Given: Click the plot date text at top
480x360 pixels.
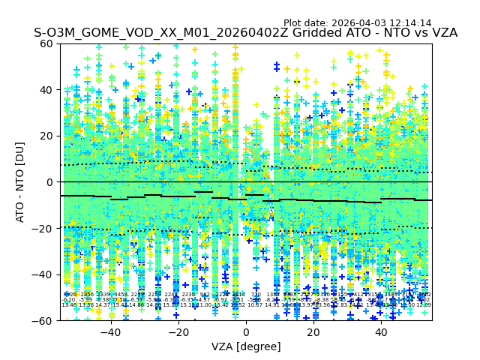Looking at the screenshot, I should click(x=357, y=23).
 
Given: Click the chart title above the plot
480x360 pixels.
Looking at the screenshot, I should click(x=245, y=34).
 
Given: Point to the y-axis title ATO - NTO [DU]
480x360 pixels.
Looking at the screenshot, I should click(x=21, y=181).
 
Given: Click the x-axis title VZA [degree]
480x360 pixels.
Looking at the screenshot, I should click(x=246, y=346).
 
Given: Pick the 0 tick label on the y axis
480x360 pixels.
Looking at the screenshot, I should click(x=50, y=182).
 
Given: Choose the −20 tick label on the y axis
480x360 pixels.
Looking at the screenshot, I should click(x=44, y=228).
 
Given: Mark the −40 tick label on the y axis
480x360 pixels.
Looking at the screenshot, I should click(x=44, y=274).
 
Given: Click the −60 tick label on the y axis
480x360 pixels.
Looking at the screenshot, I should click(x=44, y=320).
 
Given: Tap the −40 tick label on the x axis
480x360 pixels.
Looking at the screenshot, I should click(x=109, y=332).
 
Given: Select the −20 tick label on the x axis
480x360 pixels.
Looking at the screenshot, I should click(x=178, y=332).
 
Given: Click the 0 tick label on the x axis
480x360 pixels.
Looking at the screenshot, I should click(x=246, y=332).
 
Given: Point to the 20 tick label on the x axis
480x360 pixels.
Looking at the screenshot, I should click(x=313, y=332).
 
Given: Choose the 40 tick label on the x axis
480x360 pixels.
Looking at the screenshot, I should click(x=381, y=332).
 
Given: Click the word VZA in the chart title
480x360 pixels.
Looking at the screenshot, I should click(x=442, y=34).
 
